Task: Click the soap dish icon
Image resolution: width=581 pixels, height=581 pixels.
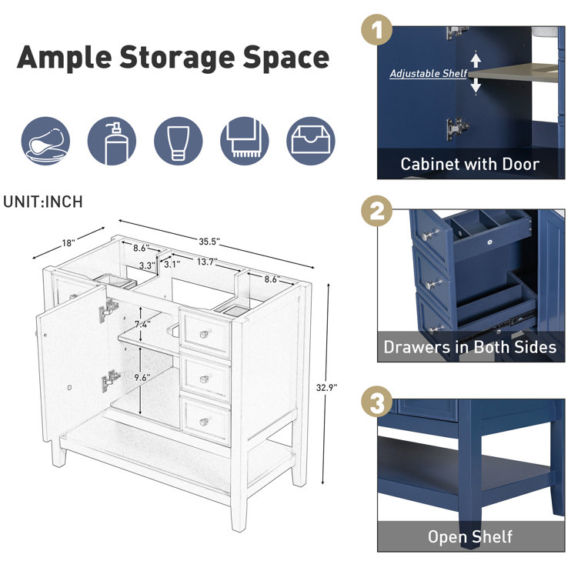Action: pyautogui.click(x=45, y=141)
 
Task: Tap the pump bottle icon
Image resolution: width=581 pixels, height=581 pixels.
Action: pyautogui.click(x=112, y=141)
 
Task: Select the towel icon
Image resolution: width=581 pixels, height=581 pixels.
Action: pyautogui.click(x=244, y=141)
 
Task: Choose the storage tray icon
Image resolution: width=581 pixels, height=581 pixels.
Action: pyautogui.click(x=311, y=141)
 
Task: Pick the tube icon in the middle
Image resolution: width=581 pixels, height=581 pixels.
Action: pyautogui.click(x=178, y=141)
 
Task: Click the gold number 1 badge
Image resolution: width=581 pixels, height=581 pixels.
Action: pyautogui.click(x=376, y=30)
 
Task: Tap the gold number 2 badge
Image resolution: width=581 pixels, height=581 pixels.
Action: pyautogui.click(x=376, y=211)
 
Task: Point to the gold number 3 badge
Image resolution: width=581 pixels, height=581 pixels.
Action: pyautogui.click(x=376, y=402)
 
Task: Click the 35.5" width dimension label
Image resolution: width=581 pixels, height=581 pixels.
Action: pyautogui.click(x=209, y=242)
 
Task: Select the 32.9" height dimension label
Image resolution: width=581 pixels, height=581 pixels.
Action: pyautogui.click(x=326, y=388)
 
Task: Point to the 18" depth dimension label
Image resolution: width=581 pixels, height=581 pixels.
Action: pyautogui.click(x=68, y=243)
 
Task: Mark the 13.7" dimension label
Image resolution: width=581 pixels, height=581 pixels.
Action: pyautogui.click(x=207, y=262)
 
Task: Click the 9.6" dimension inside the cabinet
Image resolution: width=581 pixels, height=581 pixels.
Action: pyautogui.click(x=142, y=378)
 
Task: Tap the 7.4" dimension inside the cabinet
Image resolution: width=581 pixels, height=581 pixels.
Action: pyautogui.click(x=142, y=325)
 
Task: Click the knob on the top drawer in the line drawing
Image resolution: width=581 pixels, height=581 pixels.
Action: pyautogui.click(x=203, y=334)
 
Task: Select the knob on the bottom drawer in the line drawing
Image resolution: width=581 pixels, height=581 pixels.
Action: pyautogui.click(x=204, y=422)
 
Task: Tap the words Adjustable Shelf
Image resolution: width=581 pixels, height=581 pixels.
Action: pyautogui.click(x=428, y=73)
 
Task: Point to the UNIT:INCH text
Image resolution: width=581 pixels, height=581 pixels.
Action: pyautogui.click(x=43, y=202)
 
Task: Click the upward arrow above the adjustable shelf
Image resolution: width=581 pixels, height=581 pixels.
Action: pyautogui.click(x=476, y=60)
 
